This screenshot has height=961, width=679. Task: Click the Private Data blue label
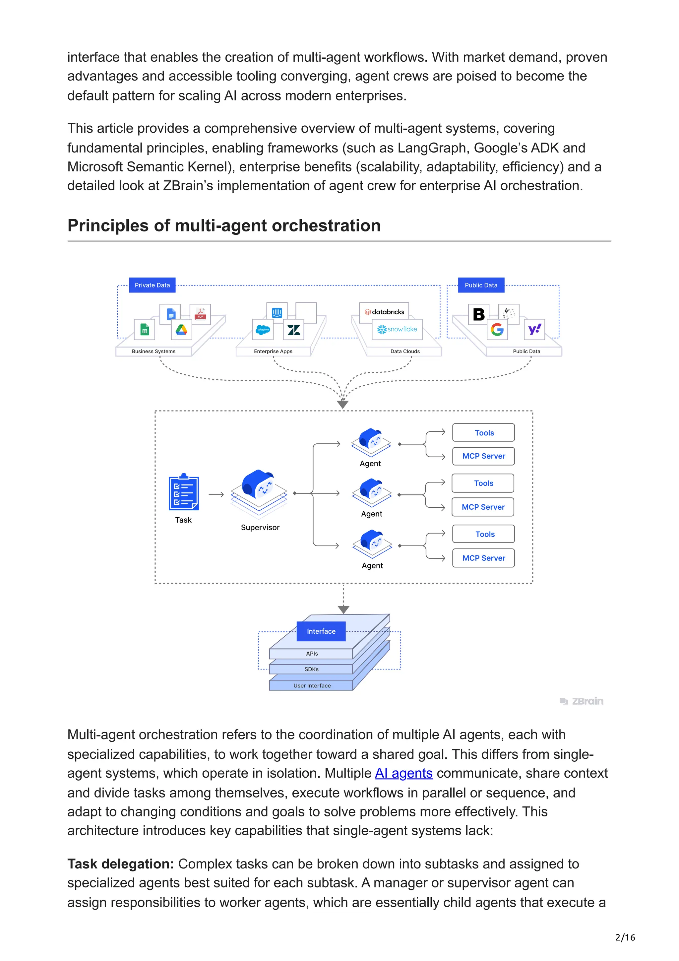152,285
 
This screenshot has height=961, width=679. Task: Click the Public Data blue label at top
481,285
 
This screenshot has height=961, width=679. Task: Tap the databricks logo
384,312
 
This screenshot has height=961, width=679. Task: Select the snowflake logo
397,329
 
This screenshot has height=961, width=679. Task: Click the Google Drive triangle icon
181,330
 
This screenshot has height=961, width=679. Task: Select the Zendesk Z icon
294,330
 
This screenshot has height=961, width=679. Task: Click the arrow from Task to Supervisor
216,494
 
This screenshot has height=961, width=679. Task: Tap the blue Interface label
321,631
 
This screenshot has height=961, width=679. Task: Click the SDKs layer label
311,669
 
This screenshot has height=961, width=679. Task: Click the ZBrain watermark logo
582,701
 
